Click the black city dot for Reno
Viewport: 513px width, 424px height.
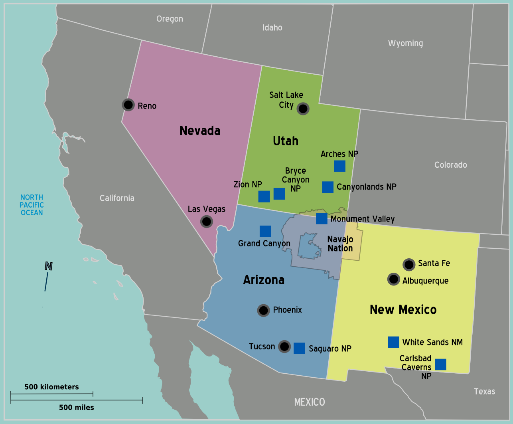[x=128, y=105]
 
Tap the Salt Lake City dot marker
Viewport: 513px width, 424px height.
[x=303, y=109]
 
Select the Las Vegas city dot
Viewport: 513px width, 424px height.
[x=207, y=221]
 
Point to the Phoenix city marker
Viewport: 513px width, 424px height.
[x=263, y=310]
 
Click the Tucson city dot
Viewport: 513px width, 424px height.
[x=284, y=347]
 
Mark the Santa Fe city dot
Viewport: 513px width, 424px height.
[x=409, y=264]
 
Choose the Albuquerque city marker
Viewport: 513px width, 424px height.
[x=394, y=279]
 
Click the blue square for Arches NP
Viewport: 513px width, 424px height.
[x=339, y=166]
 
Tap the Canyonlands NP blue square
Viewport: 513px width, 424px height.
[x=328, y=187]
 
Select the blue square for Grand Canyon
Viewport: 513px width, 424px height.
[x=265, y=231]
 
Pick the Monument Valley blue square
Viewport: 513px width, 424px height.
[x=322, y=218]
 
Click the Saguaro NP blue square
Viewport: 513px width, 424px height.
[x=299, y=348]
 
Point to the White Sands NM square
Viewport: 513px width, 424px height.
[x=393, y=342]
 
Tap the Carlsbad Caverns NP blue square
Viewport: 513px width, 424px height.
[x=440, y=365]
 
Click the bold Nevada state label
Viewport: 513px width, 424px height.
[x=200, y=131]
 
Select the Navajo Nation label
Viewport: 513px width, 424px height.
[x=340, y=244]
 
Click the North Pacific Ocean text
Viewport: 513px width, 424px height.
[x=32, y=205]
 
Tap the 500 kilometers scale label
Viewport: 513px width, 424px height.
[x=51, y=387]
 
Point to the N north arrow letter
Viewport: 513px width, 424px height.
[x=49, y=266]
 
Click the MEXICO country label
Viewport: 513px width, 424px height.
[x=310, y=402]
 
